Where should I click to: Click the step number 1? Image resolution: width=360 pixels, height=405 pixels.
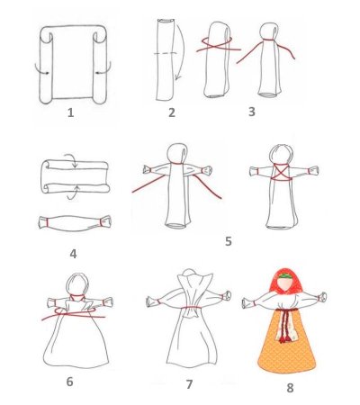coord(70,114)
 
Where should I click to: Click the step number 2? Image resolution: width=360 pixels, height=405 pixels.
coord(171,112)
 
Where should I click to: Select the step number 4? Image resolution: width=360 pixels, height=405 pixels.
coord(72,254)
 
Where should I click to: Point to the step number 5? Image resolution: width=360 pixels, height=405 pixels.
coord(228,241)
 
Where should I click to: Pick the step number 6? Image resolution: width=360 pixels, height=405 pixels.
coord(69,382)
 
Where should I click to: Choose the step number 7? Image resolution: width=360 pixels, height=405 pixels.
coord(189,384)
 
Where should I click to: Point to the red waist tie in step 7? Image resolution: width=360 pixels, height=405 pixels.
coord(190,310)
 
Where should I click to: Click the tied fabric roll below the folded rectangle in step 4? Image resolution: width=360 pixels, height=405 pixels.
coord(74,221)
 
